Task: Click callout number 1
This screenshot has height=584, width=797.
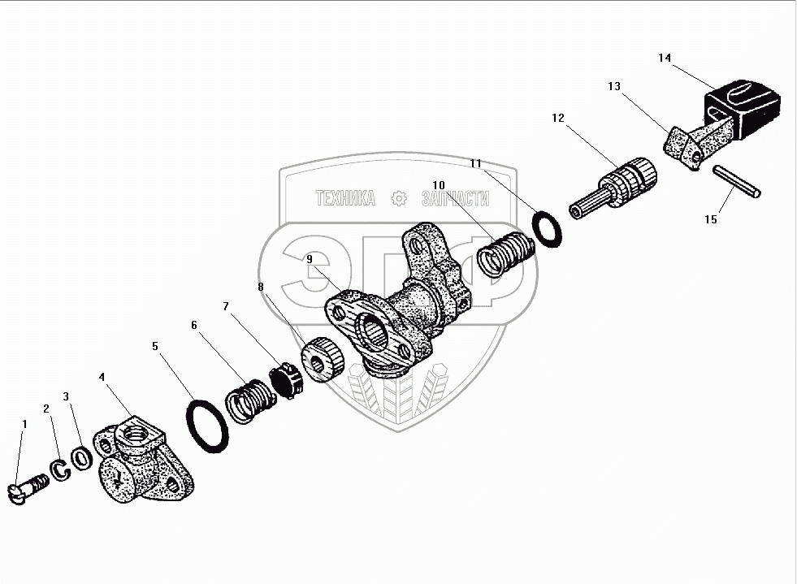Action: point(24,424)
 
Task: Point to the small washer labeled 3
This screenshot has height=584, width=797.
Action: point(82,456)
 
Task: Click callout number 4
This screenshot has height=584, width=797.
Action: point(102,377)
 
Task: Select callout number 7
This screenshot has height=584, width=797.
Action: point(227,306)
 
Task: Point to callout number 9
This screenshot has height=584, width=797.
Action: point(310,258)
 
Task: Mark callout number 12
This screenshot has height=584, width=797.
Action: point(557,118)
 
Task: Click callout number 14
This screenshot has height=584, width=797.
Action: point(665,58)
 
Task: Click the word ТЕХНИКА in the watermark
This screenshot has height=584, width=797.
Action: point(345,199)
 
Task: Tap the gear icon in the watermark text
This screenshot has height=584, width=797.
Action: point(398,199)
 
